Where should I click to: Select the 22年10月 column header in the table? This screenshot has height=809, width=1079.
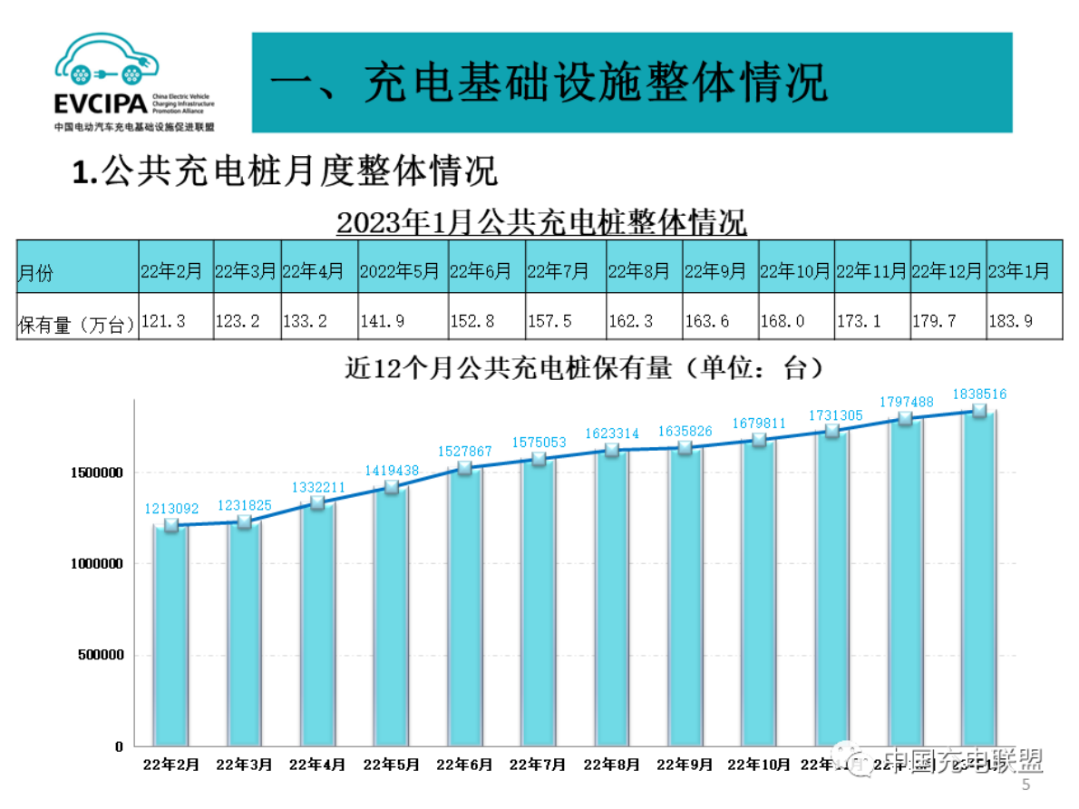coord(794,271)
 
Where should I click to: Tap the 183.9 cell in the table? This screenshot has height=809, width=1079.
coord(1020,321)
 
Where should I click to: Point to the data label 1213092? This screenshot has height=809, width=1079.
coord(170,509)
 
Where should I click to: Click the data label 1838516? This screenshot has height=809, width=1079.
coord(978,395)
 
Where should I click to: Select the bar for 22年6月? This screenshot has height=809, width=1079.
coord(464,608)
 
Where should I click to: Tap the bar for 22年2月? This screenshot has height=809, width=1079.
coord(170,635)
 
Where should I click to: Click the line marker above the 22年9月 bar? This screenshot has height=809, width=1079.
coord(685,448)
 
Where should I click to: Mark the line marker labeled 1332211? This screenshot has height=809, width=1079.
coord(317,502)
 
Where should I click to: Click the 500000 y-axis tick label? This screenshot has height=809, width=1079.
coord(97,655)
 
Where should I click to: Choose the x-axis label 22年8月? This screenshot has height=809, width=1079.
coord(611,765)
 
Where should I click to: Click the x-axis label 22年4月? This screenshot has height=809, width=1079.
coord(317,765)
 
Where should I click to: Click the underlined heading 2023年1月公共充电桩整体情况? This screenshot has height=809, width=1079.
coord(541,221)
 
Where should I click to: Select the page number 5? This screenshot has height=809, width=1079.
coord(1026,785)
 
